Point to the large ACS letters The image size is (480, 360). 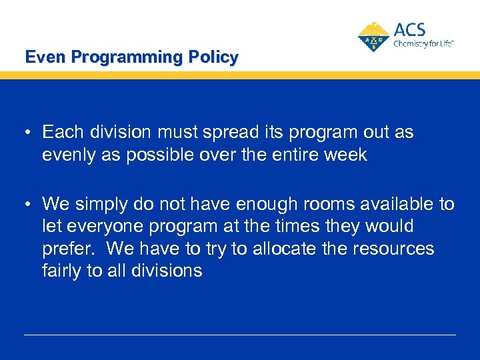tap(409, 30)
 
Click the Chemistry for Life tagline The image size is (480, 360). tap(423, 43)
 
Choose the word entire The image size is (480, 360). tap(293, 155)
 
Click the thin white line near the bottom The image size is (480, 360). tap(240, 335)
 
